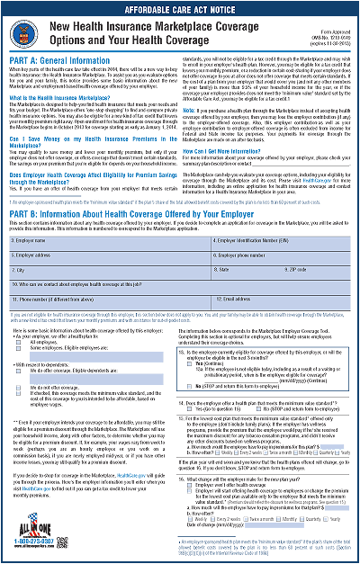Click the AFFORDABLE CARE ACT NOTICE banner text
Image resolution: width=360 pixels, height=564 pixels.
click(180, 7)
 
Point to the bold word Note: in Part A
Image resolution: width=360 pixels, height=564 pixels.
click(192, 84)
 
